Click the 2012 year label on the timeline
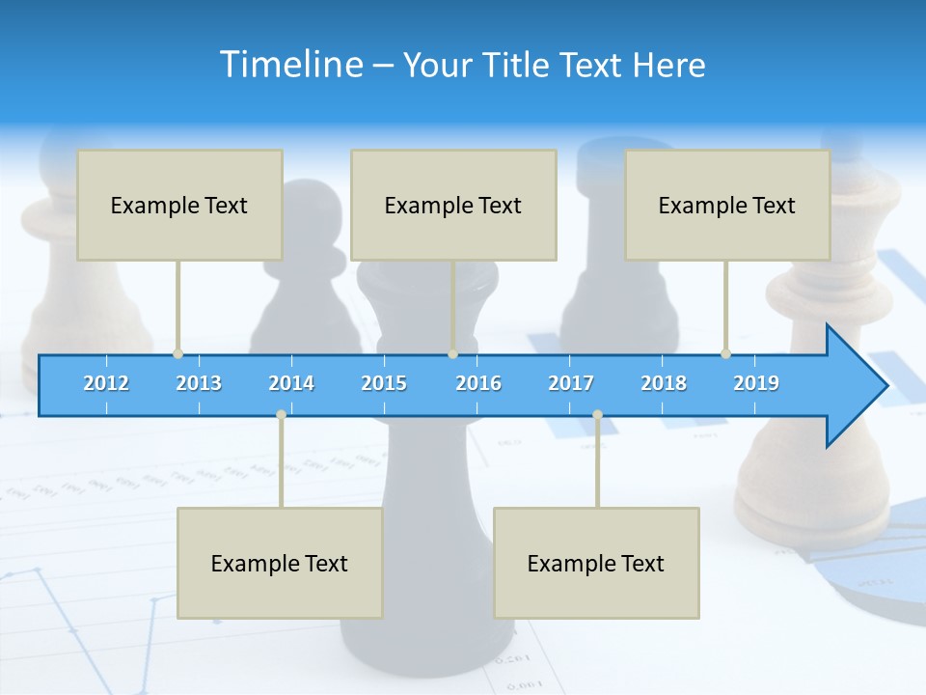(x=106, y=383)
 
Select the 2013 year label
(x=199, y=383)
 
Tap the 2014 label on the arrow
(x=291, y=383)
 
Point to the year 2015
(x=384, y=383)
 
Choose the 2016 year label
(x=478, y=383)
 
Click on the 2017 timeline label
(x=571, y=383)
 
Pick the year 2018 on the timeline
(x=664, y=383)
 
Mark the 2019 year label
(x=756, y=383)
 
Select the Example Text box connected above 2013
(x=179, y=205)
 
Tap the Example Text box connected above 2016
(x=453, y=205)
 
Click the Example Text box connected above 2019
(x=727, y=205)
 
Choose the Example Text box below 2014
(x=280, y=563)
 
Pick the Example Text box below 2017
(x=596, y=563)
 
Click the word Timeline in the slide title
(x=289, y=64)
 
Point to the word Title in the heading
(x=519, y=65)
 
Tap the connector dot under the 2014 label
(x=281, y=414)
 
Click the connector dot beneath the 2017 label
(x=597, y=414)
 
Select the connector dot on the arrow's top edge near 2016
(x=452, y=354)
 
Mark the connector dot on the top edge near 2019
(x=725, y=354)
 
